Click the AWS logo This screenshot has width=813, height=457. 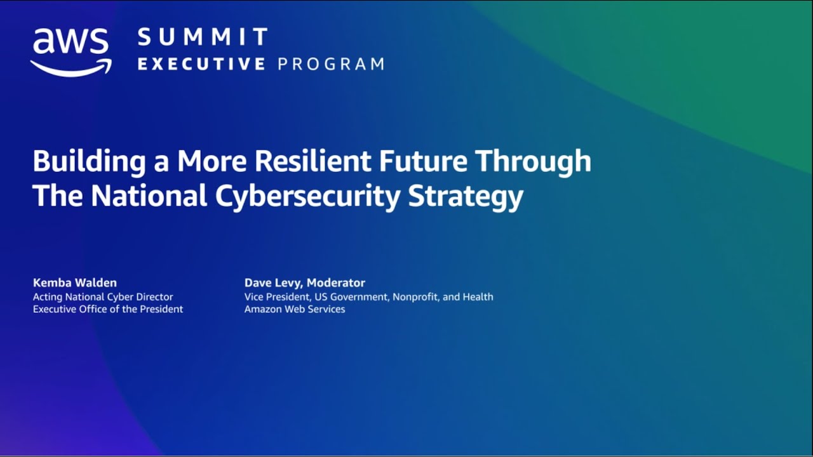pos(71,51)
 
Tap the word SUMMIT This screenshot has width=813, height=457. pos(203,37)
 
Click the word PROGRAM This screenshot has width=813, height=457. pos(331,64)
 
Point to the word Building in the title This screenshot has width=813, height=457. pos(85,162)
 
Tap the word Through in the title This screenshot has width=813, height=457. pos(534,162)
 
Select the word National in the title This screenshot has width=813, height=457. pos(149,196)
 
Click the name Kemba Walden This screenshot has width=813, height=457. pos(75,283)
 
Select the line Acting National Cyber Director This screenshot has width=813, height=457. pos(103,297)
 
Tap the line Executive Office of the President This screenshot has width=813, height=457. pos(108,309)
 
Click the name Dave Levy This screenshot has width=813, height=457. pos(272,283)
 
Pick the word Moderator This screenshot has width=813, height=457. pos(336,283)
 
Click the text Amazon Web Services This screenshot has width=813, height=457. pos(295,309)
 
